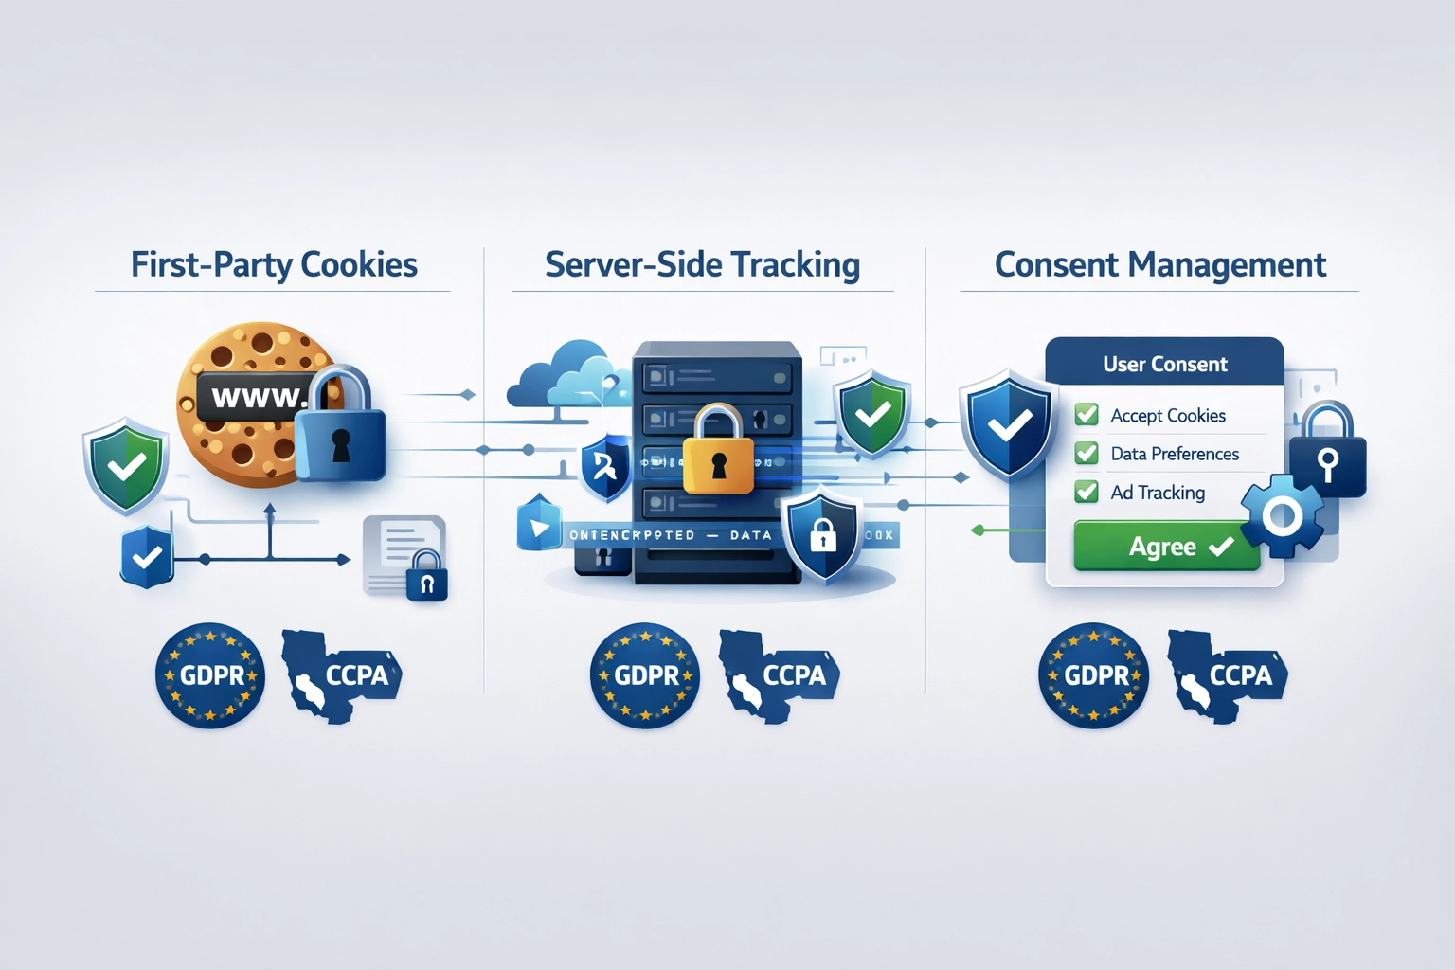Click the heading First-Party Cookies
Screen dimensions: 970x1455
(274, 265)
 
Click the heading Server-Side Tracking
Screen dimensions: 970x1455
(702, 265)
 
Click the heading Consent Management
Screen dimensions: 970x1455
(1159, 265)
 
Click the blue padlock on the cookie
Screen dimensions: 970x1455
(339, 431)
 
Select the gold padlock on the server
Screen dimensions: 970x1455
(718, 455)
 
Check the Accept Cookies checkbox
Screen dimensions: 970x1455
(1087, 415)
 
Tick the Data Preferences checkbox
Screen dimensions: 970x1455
(1087, 454)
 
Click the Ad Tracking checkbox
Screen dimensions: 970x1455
(1087, 492)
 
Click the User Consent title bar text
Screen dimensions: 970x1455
(1164, 365)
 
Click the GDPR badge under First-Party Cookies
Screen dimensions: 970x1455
(209, 675)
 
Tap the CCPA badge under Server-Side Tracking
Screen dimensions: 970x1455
(779, 675)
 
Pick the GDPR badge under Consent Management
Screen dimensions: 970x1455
(1093, 675)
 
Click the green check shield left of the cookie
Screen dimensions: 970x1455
(126, 465)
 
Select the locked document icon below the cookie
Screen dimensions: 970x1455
(405, 559)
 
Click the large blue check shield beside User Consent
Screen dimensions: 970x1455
(1008, 425)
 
